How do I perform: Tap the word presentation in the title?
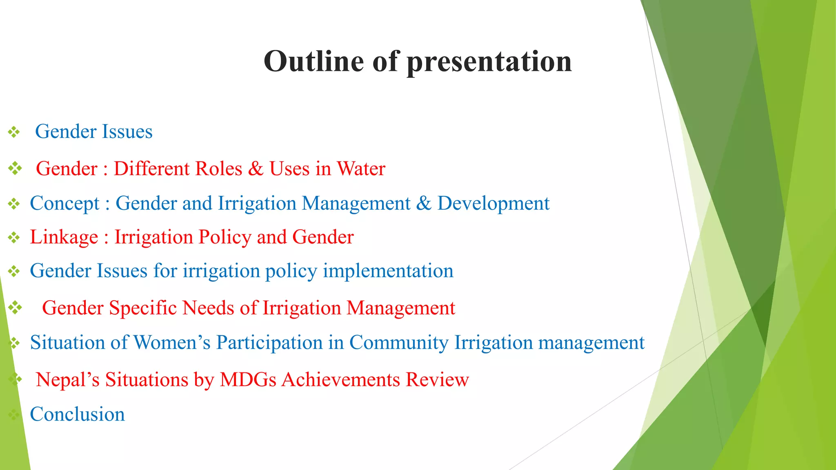(x=489, y=62)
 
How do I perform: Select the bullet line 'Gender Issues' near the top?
(x=93, y=132)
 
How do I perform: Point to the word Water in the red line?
(x=361, y=169)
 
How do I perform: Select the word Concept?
(x=64, y=204)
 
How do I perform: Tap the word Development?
(x=493, y=204)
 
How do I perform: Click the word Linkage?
(x=64, y=237)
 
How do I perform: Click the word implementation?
(x=388, y=271)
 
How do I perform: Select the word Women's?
(x=172, y=343)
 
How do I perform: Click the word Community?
(x=399, y=343)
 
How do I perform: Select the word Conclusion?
(x=77, y=415)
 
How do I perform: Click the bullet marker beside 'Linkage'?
(x=14, y=237)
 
